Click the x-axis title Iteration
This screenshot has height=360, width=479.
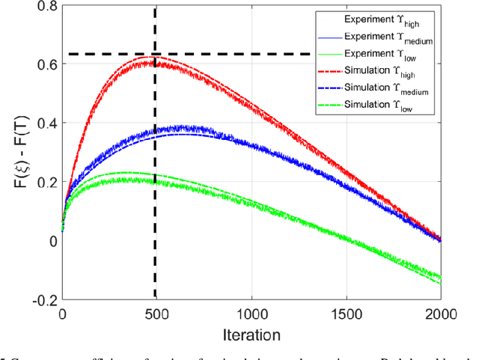coord(250,335)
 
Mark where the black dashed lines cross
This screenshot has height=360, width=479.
coord(155,54)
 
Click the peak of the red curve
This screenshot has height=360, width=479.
coord(150,58)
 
